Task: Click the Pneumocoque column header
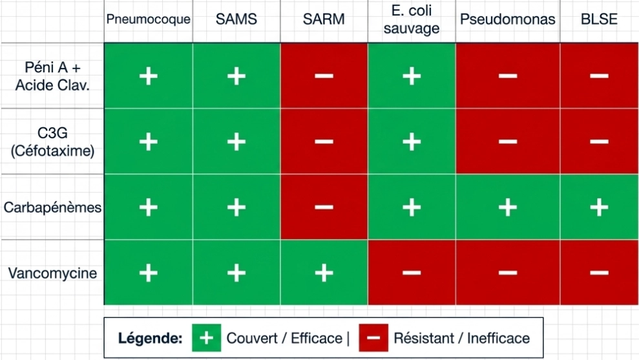149,19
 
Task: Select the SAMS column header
236,19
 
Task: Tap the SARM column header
324,19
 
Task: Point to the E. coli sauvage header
412,19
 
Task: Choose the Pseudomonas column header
508,19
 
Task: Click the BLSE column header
599,19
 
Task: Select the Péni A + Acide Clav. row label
52,76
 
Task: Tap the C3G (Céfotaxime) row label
52,142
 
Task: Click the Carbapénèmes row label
52,207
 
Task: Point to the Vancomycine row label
52,273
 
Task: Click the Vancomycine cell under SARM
324,272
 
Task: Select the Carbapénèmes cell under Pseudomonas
508,207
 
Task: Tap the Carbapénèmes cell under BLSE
600,207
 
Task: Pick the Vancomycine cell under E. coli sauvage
412,272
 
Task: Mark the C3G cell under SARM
324,142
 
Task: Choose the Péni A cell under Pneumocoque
149,76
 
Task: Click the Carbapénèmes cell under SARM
324,207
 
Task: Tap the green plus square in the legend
207,337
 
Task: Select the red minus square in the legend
373,337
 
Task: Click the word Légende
150,338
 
